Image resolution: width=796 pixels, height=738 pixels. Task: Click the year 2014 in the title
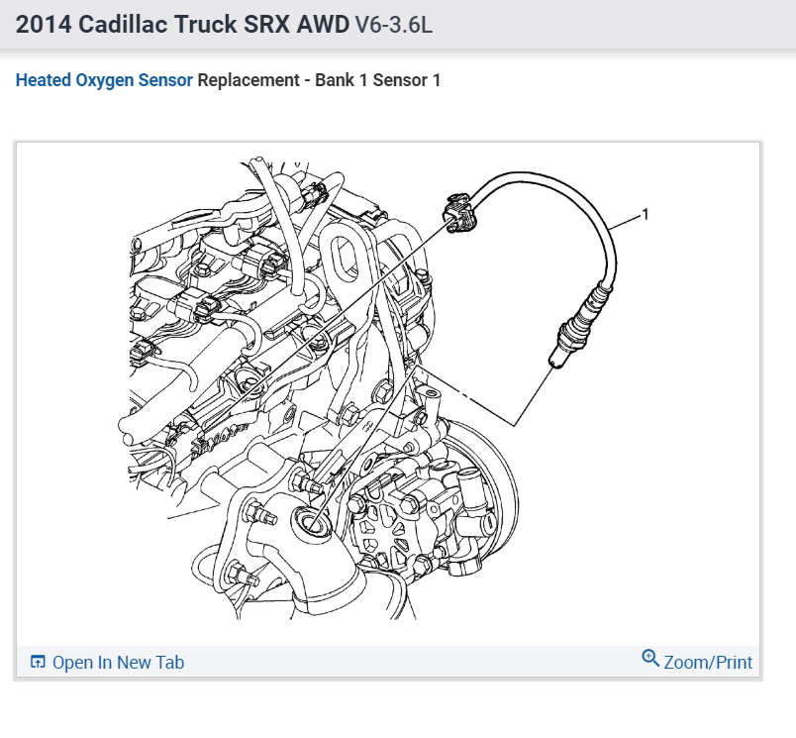[x=44, y=25]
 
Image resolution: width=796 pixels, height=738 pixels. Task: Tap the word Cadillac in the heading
[x=123, y=25]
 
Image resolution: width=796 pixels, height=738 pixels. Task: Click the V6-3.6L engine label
[x=393, y=25]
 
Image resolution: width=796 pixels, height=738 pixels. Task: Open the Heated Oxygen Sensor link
[x=104, y=80]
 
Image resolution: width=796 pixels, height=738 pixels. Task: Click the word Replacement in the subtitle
[x=249, y=80]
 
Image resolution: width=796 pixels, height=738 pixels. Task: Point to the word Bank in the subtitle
[x=335, y=80]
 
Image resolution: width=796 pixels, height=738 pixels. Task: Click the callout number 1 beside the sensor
[x=646, y=214]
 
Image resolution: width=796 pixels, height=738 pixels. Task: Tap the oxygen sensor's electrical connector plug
[x=460, y=213]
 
